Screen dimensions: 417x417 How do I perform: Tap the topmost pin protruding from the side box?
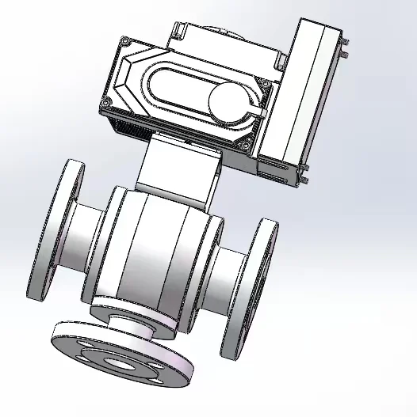(x=346, y=40)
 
